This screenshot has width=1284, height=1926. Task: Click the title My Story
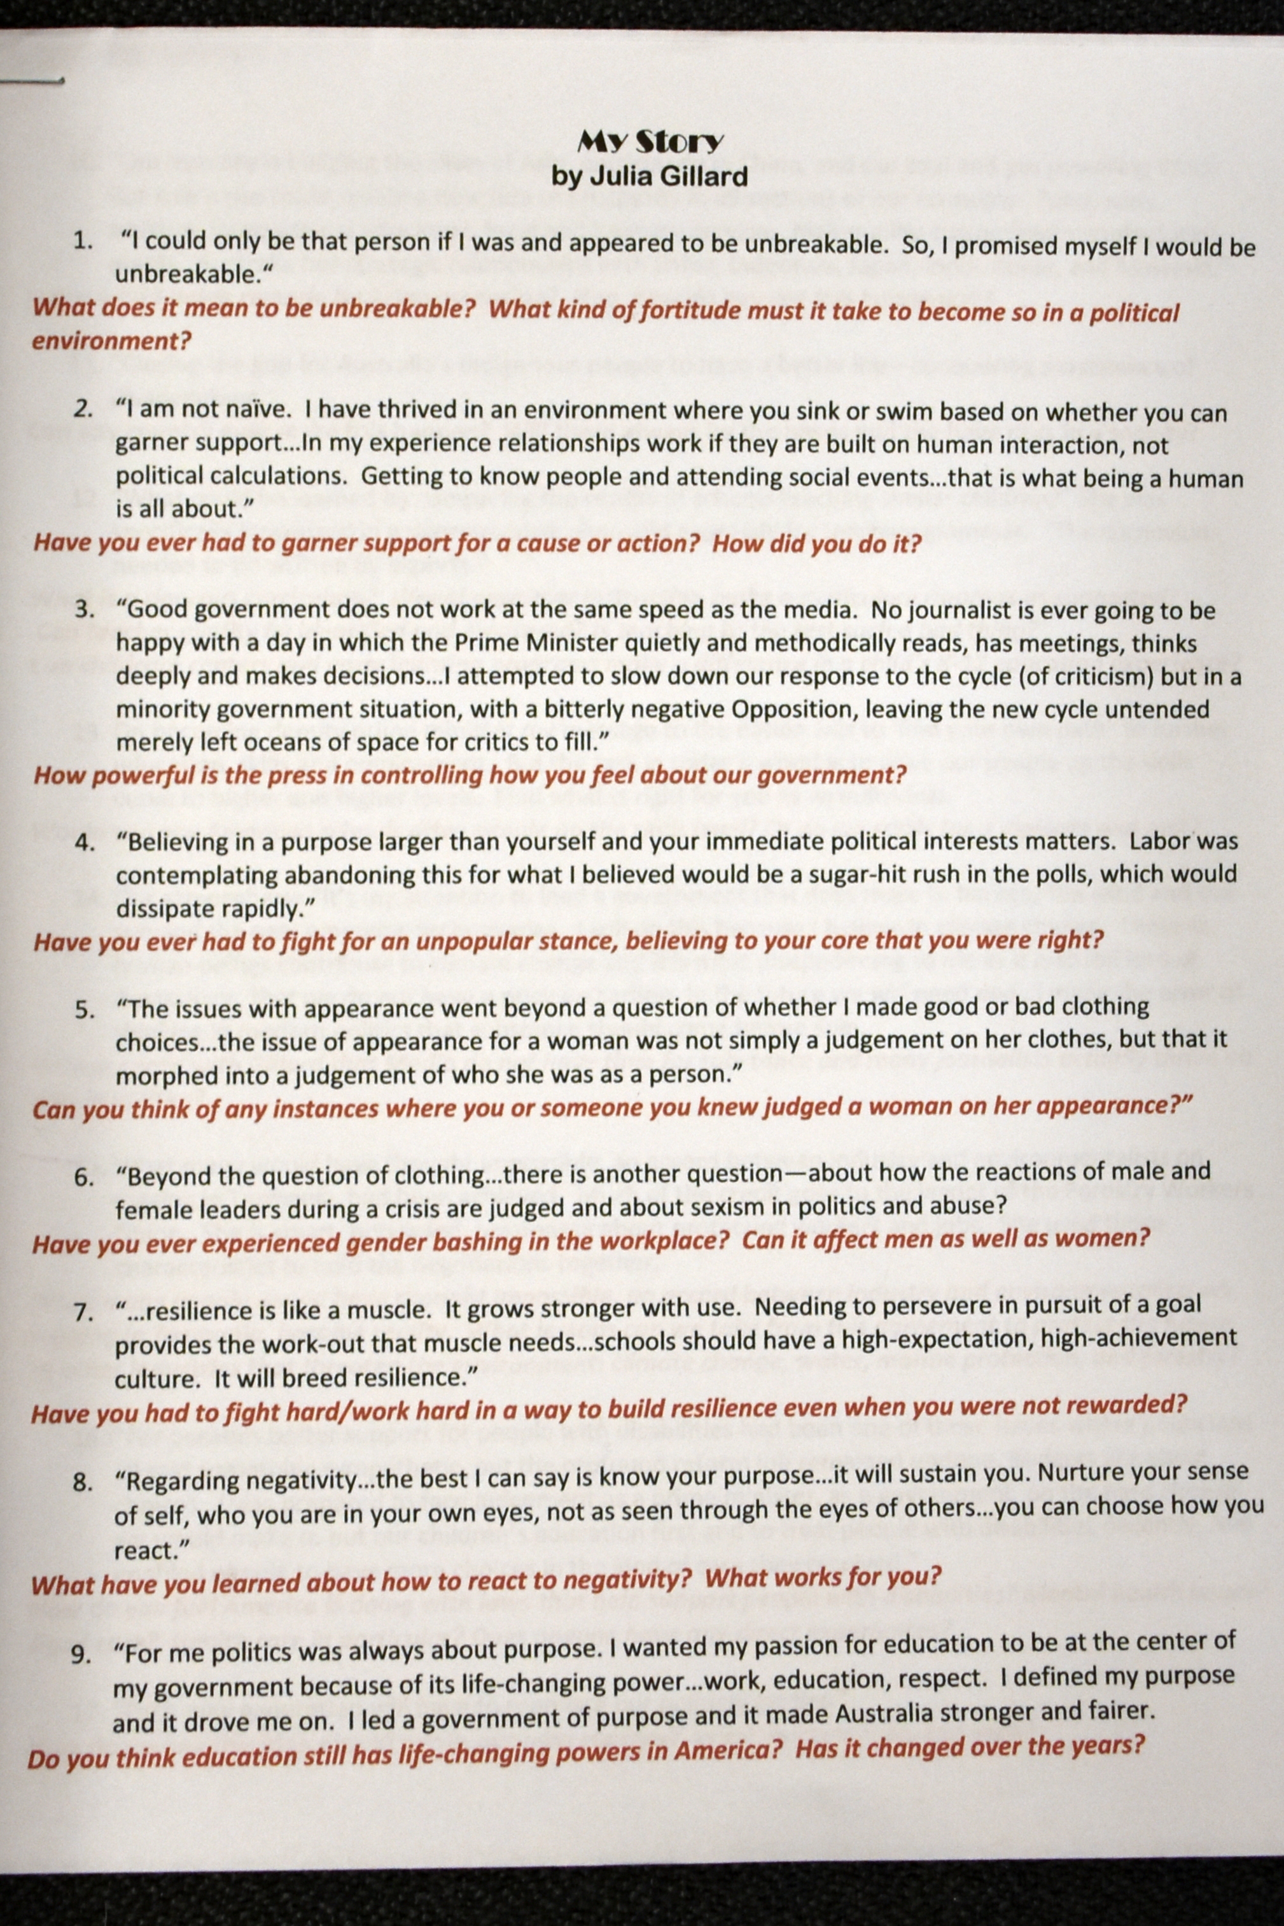(x=650, y=143)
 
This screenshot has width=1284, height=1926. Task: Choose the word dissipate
(x=157, y=908)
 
